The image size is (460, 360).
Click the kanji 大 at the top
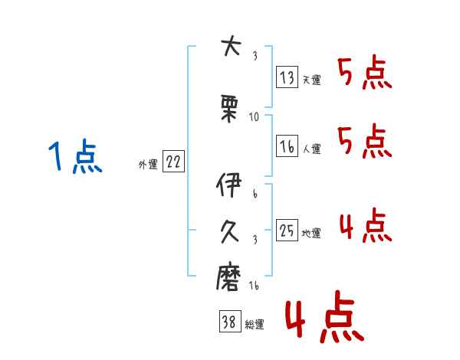coord(232,45)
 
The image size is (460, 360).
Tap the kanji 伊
coord(228,185)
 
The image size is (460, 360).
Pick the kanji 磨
coord(228,277)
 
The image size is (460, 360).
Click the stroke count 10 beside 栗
coord(254,117)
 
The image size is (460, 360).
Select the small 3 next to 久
coord(255,240)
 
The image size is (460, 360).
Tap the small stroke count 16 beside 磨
coord(254,285)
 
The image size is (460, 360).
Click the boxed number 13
coord(287,77)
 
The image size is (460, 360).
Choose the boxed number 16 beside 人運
coord(287,146)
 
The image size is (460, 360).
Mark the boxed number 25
coord(287,230)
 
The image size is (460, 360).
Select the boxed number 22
coord(173,162)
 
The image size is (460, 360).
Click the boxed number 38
coord(230,322)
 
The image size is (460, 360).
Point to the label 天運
coord(312,80)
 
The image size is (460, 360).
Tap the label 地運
coord(311,233)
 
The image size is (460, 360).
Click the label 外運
coord(148,165)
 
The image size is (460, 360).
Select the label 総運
coord(255,325)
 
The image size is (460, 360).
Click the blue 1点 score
coord(75,155)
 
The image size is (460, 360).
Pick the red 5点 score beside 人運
coord(365,141)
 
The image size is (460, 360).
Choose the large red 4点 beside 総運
coord(325,316)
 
